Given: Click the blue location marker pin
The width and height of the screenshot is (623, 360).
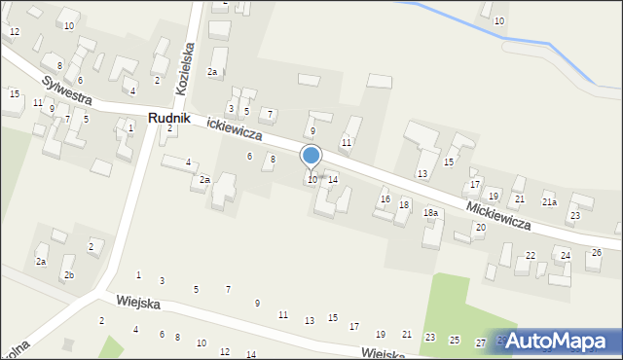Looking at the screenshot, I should click(x=311, y=156).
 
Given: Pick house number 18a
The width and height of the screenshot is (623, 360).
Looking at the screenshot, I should click(x=429, y=213).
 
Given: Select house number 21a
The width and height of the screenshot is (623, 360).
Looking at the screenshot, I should click(x=549, y=202).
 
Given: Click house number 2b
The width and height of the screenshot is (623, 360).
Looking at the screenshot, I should click(x=69, y=275).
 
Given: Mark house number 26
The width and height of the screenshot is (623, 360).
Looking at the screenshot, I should click(x=596, y=253).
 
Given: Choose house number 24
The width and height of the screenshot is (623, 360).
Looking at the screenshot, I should click(x=565, y=256).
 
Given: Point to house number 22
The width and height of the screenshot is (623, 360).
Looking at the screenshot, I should click(x=530, y=256).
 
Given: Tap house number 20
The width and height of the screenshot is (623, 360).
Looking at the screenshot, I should click(x=480, y=228).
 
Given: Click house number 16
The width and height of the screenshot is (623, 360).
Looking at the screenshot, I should click(x=385, y=199).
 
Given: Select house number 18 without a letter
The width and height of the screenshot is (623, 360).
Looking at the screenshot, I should click(x=404, y=204).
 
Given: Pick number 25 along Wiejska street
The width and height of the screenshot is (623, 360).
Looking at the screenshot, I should click(x=455, y=340).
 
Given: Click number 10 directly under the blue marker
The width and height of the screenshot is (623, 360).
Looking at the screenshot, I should click(x=311, y=180).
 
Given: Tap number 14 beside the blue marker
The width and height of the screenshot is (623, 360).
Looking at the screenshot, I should click(x=332, y=180).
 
